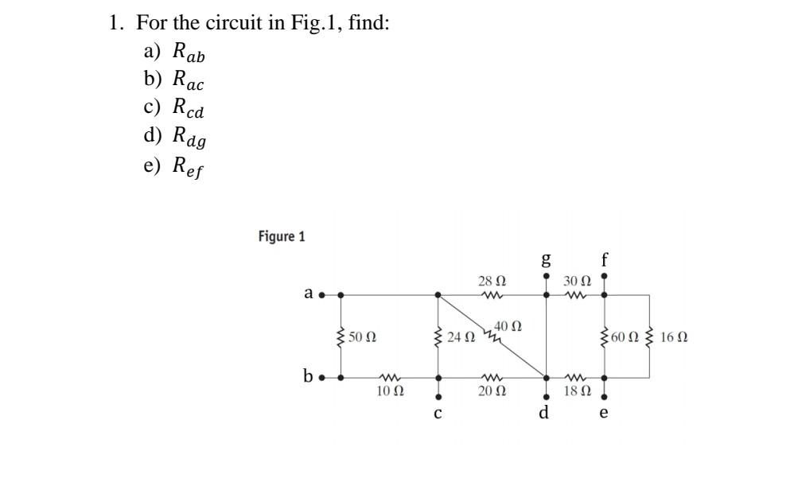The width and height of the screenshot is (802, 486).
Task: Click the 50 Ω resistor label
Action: (x=363, y=337)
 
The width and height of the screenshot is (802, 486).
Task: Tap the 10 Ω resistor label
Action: (x=390, y=391)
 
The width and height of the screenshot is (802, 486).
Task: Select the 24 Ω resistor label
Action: (x=461, y=337)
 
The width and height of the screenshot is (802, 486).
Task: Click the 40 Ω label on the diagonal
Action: (x=508, y=325)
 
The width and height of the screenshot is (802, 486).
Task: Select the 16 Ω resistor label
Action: (x=674, y=337)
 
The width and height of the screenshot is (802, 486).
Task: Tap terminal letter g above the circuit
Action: (x=546, y=259)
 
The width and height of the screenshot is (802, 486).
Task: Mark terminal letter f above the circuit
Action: (x=605, y=259)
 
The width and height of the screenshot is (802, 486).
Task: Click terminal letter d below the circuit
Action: (x=545, y=413)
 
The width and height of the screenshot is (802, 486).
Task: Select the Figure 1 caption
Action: (x=282, y=236)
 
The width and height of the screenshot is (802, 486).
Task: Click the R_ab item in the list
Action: (x=189, y=53)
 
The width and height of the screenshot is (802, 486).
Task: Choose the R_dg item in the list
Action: (x=189, y=137)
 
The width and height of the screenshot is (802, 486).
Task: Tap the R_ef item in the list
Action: (x=189, y=165)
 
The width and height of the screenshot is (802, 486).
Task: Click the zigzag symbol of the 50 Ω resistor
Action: (x=342, y=337)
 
